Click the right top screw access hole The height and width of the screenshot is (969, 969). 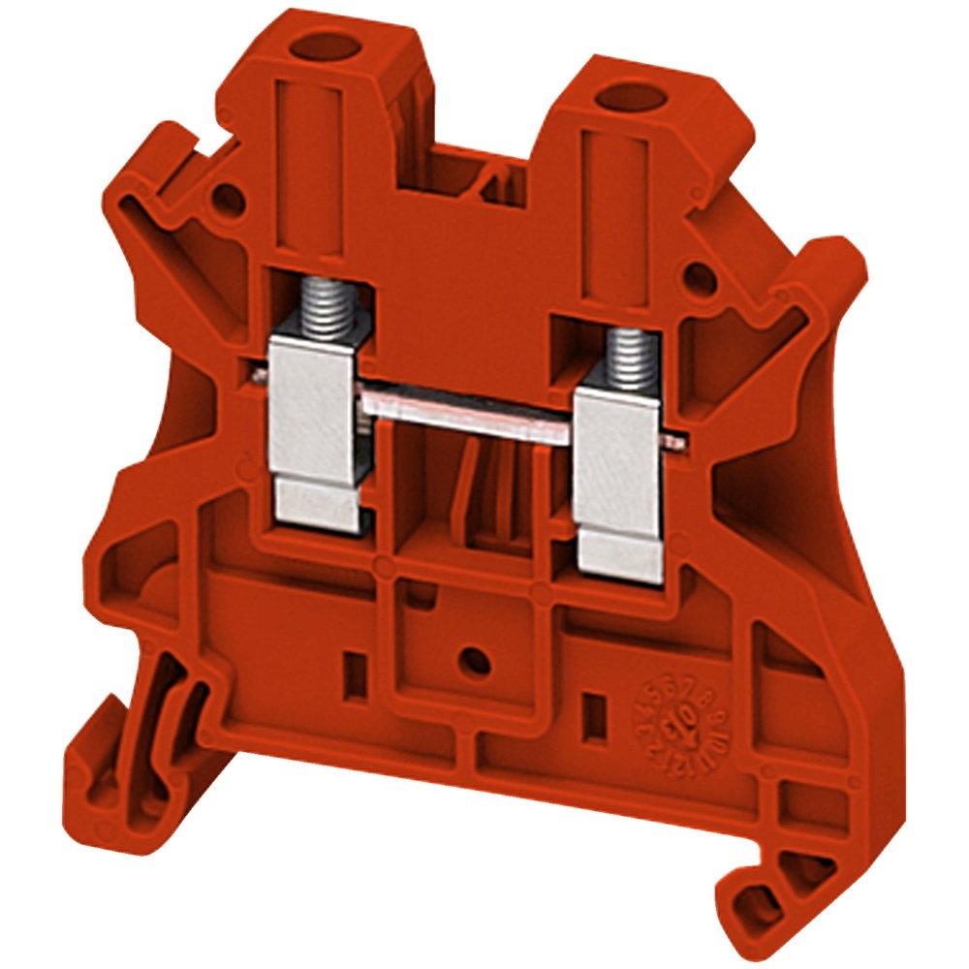(615, 98)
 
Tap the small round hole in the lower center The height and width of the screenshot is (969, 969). (474, 660)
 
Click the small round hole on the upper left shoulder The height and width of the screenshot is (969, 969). (226, 201)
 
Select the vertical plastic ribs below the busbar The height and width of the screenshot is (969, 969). (489, 494)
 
